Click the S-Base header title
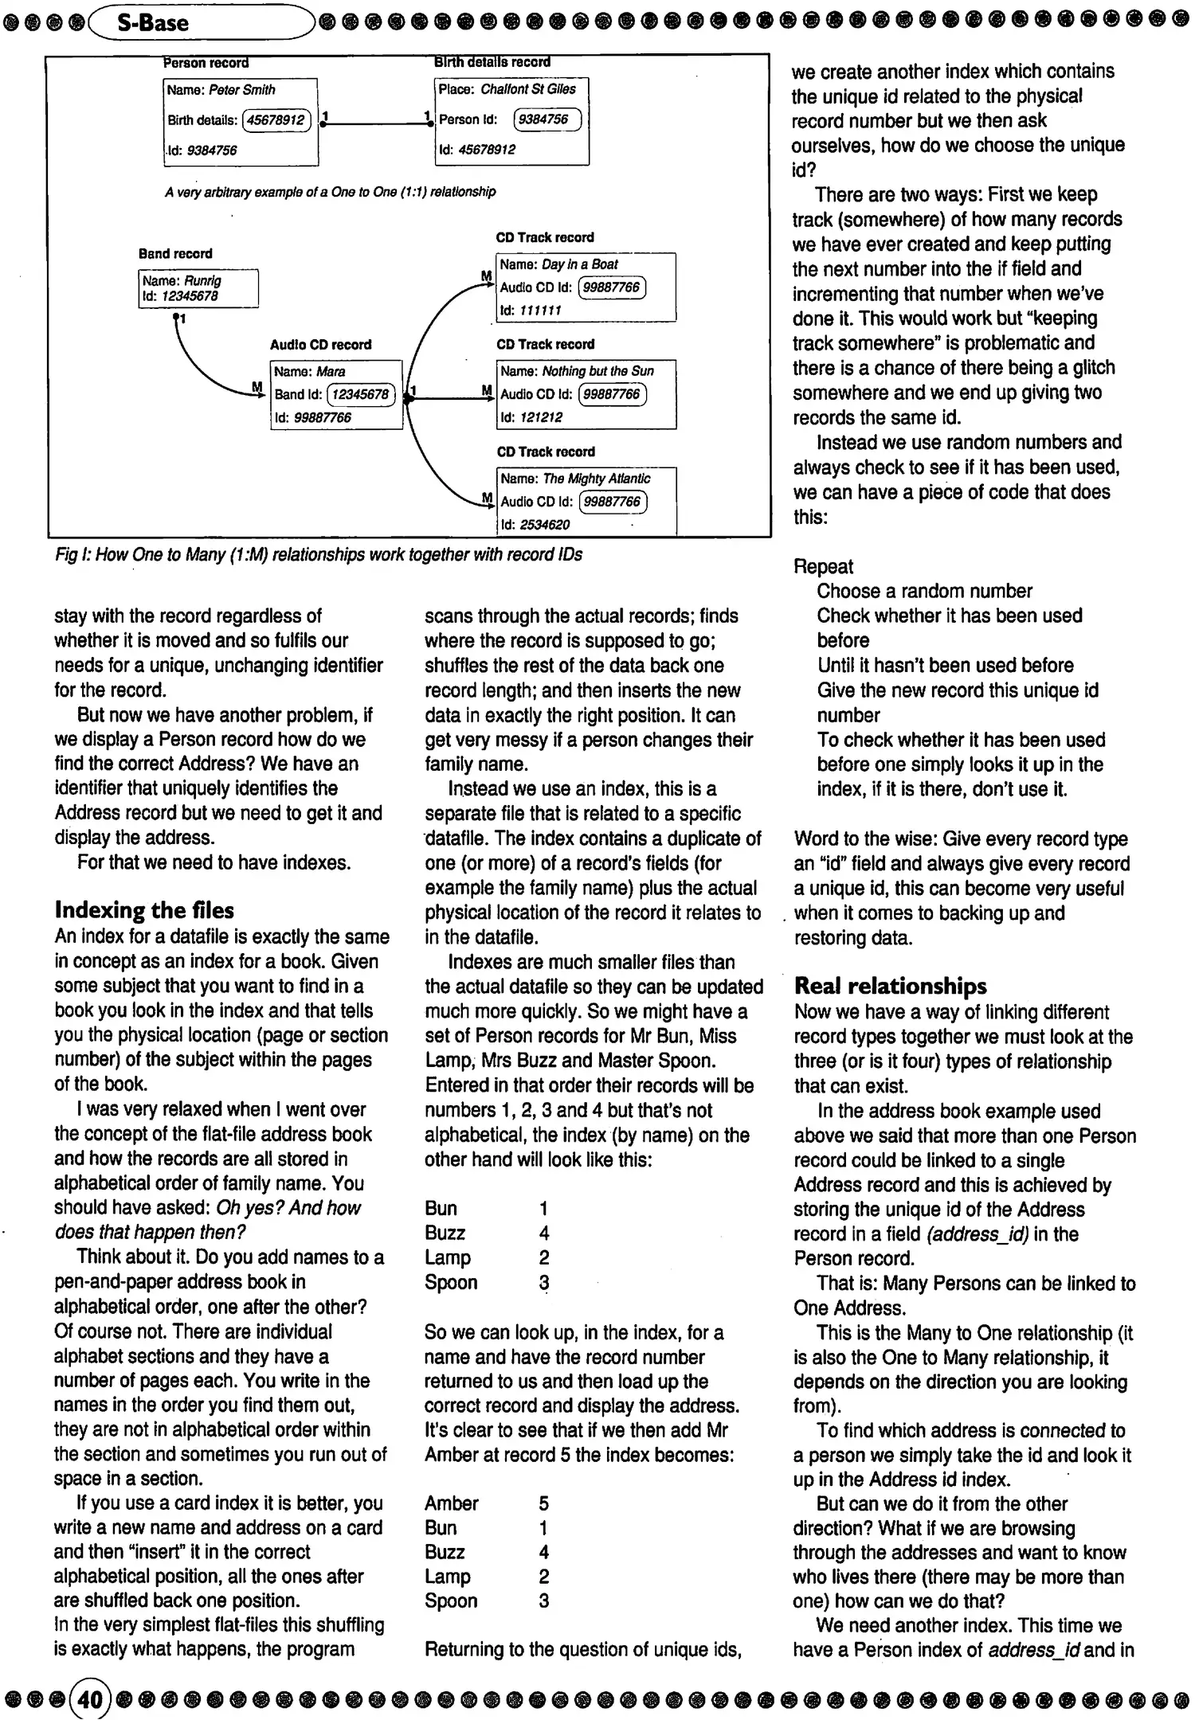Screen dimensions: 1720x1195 point(152,22)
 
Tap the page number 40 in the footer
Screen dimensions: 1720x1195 point(90,1699)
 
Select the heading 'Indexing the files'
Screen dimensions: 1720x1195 point(144,910)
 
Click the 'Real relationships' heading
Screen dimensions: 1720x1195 point(891,986)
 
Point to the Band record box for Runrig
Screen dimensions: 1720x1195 point(198,288)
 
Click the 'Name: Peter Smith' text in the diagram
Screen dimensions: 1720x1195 point(221,90)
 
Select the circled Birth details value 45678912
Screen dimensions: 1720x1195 point(276,120)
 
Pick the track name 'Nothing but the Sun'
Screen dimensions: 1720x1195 point(597,371)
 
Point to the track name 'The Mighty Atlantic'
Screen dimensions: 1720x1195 point(596,479)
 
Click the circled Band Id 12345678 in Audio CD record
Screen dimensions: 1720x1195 point(361,394)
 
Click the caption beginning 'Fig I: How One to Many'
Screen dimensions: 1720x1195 point(319,555)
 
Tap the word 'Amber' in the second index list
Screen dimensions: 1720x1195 point(451,1503)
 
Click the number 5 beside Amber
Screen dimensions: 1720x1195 point(543,1503)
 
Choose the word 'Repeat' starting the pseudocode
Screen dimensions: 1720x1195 point(823,566)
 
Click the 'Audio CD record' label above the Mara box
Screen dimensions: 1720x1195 point(320,345)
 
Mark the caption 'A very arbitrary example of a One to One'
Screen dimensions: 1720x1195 point(330,192)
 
